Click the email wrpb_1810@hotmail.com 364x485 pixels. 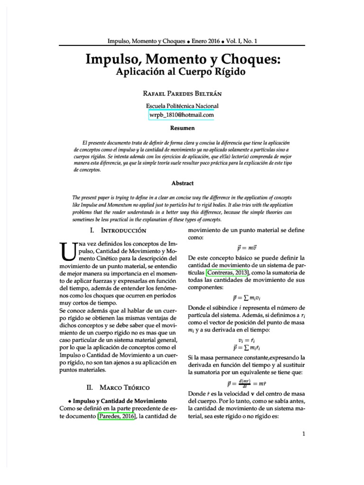point(182,115)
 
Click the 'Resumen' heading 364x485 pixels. point(182,128)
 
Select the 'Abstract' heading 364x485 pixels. point(182,183)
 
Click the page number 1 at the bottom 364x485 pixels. point(303,433)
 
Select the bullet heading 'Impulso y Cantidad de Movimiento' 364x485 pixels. point(117,401)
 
